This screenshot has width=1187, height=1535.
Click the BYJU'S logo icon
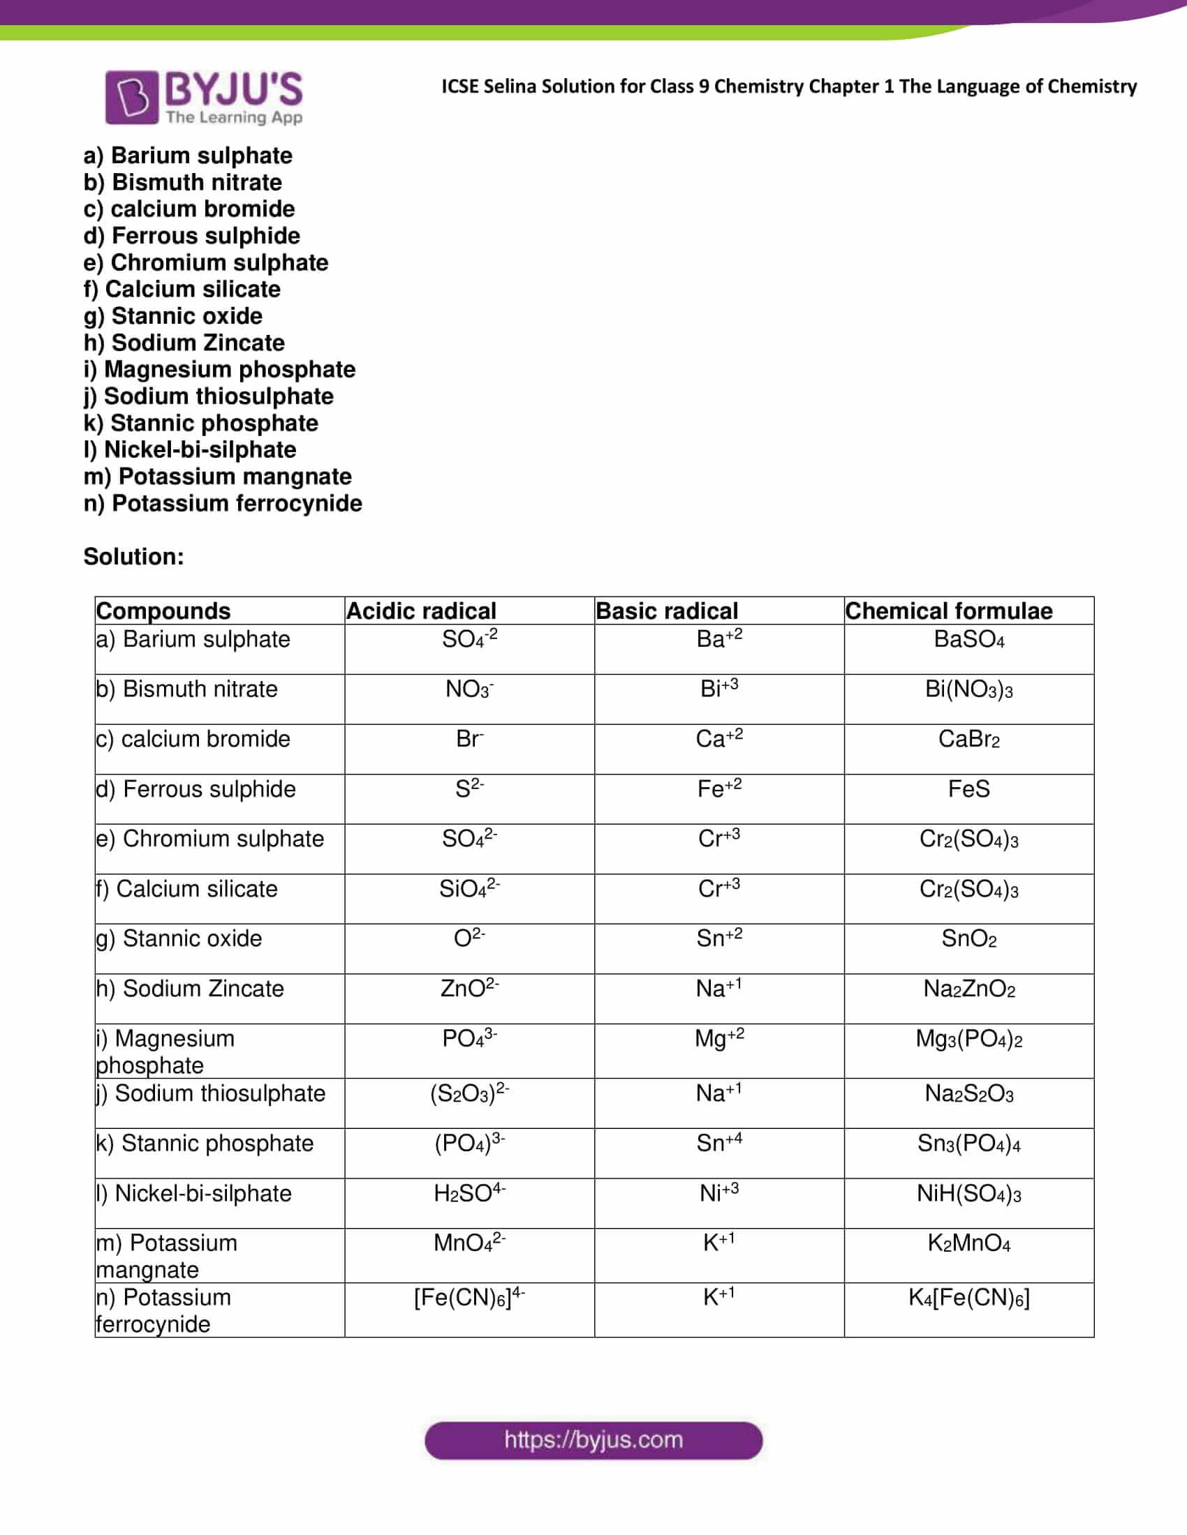pos(131,97)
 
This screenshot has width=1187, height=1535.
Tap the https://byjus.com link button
pos(593,1440)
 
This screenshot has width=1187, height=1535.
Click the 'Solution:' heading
pos(133,557)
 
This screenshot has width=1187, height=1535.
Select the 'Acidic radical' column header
pos(421,611)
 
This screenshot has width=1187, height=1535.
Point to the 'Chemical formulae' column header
pos(949,611)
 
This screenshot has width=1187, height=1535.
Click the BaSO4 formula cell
pos(968,640)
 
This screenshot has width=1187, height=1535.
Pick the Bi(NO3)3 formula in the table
pos(968,689)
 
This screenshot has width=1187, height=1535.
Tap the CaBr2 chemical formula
pos(968,740)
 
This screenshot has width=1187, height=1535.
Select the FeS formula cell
pos(968,789)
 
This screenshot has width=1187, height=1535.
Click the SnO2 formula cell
pos(968,939)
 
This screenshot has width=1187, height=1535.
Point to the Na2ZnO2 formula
pos(968,989)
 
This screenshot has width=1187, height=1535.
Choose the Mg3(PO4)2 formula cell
pos(968,1039)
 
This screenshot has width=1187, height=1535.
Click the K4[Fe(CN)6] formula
pos(968,1298)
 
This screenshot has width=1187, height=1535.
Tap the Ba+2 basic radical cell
pos(718,639)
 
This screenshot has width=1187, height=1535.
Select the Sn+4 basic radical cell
pos(718,1144)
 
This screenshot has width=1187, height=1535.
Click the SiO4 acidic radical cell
pos(469,889)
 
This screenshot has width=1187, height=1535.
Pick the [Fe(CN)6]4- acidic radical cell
pos(469,1298)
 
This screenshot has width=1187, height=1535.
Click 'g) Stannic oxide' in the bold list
pos(173,316)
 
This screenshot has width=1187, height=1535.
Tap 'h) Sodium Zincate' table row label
pos(190,989)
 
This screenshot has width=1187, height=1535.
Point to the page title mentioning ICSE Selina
pos(788,87)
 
